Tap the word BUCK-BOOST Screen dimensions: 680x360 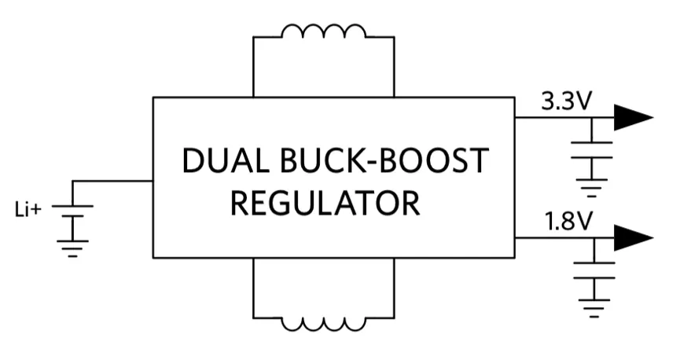tap(384, 160)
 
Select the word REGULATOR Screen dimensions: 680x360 tap(325, 203)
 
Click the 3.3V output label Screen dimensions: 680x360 tap(566, 102)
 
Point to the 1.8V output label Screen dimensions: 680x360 tap(568, 222)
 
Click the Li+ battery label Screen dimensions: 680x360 tap(28, 210)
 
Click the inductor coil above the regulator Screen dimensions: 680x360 tap(324, 31)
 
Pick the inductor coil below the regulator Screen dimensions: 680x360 tap(324, 324)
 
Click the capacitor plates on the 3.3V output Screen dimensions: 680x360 tap(591, 150)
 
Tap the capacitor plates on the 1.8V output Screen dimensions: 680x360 tap(594, 270)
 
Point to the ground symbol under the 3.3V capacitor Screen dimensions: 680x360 tap(591, 188)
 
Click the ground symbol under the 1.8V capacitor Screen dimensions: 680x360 tap(594, 308)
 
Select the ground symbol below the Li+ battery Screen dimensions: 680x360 tap(72, 248)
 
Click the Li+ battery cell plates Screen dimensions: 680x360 tap(72, 211)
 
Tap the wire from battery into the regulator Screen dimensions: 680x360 tap(112, 181)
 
